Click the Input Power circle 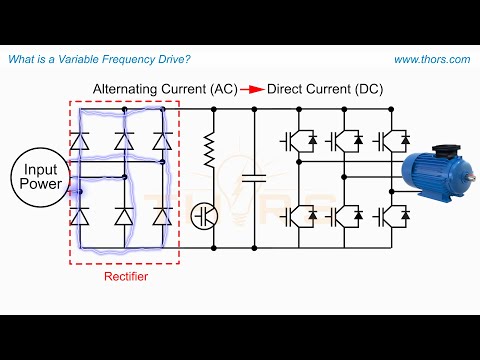pos(41,178)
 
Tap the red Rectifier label pos(125,276)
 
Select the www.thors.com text pos(431,60)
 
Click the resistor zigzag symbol pos(211,152)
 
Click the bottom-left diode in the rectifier pos(85,216)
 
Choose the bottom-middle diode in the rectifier pos(123,216)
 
